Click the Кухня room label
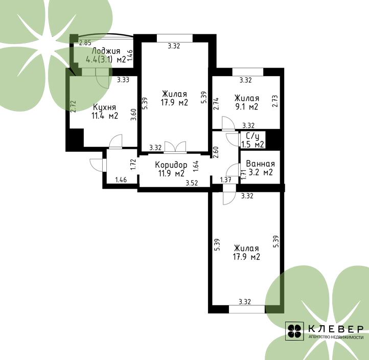pos(104,107)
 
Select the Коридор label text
pos(171,165)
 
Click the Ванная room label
pos(260,164)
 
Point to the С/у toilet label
pos(252,137)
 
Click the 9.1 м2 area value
pos(247,107)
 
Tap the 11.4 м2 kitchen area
pos(105,116)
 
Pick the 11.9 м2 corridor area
pos(171,173)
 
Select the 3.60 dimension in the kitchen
pos(134,115)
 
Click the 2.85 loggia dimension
pos(85,43)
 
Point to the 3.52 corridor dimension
pos(192,183)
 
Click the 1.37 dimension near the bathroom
pos(226,180)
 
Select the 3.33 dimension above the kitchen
pos(123,80)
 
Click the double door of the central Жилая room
pos(175,147)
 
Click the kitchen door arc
pos(116,141)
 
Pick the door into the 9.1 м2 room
pos(228,123)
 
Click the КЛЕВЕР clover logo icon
pos(294,331)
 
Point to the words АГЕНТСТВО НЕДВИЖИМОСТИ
pos(336,337)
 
